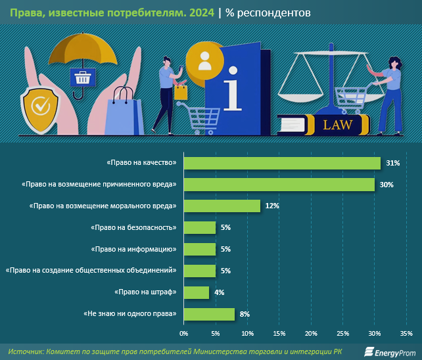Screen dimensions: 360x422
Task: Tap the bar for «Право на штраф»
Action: [196, 292]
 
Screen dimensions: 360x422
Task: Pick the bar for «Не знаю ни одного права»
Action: [208, 314]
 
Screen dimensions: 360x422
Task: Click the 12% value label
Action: [272, 206]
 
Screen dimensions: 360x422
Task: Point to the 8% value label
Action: [245, 314]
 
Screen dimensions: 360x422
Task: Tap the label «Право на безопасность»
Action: [133, 228]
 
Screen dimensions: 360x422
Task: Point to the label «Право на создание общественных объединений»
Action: [92, 271]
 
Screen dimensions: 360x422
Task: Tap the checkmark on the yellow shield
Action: [41, 105]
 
